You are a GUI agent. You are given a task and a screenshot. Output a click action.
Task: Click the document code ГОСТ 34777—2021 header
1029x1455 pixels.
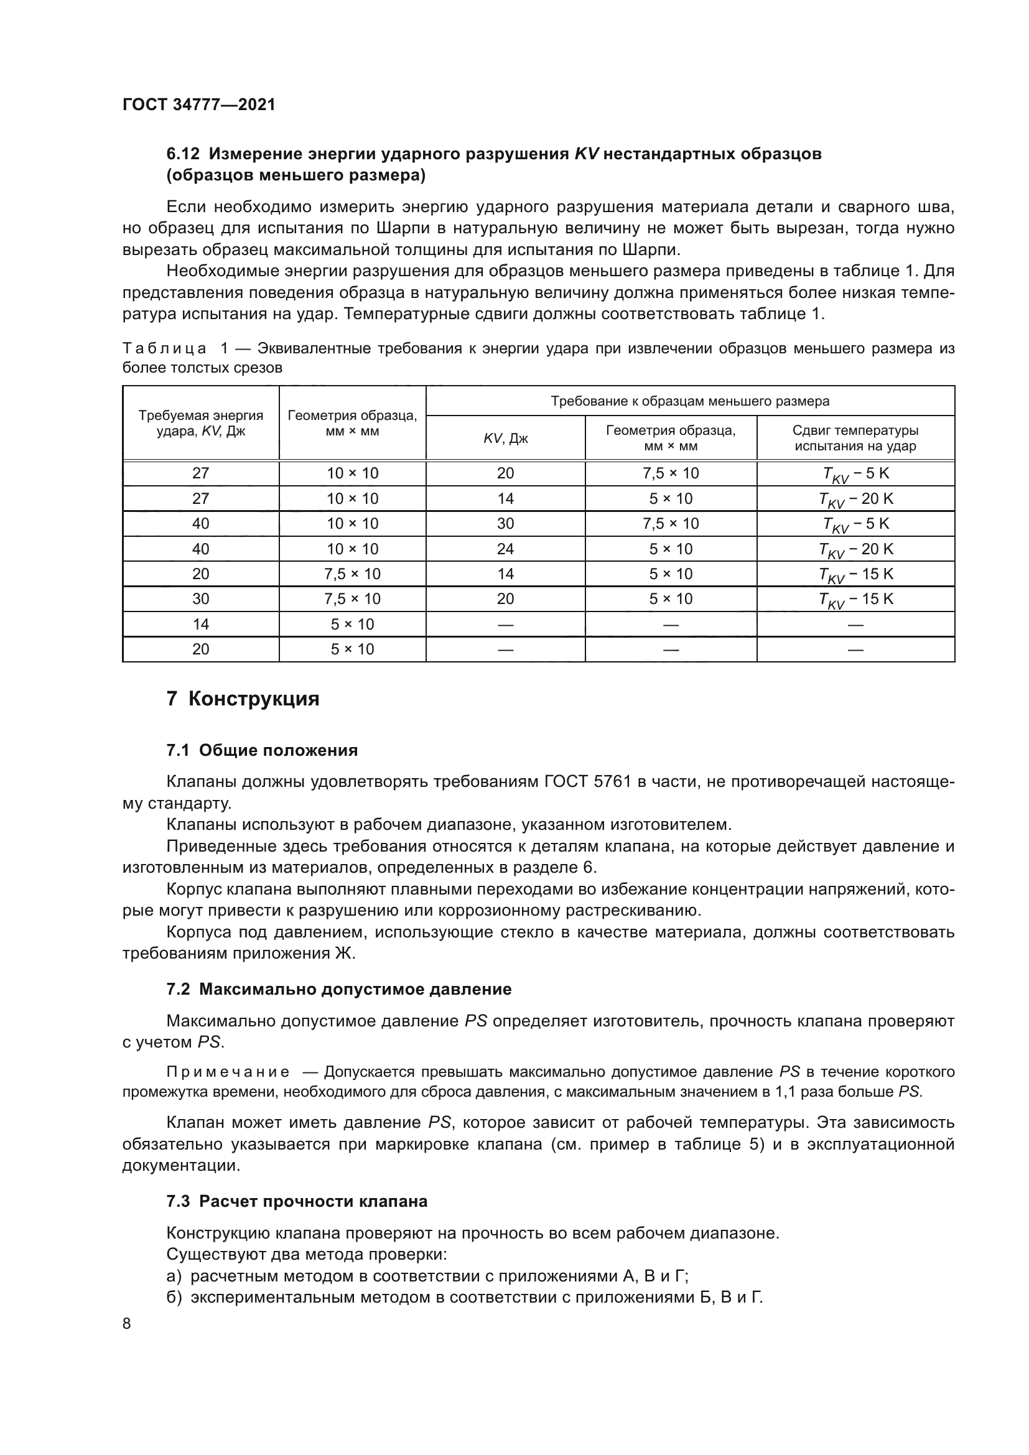[x=199, y=105]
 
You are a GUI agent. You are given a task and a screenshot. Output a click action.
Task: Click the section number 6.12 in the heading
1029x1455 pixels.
[x=182, y=154]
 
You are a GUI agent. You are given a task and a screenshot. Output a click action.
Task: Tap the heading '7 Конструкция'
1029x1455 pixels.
[x=243, y=699]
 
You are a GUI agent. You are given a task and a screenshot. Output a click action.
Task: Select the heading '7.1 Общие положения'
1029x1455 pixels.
[x=262, y=750]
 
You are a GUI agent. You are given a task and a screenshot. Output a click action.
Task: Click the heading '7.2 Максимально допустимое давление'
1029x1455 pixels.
[x=338, y=989]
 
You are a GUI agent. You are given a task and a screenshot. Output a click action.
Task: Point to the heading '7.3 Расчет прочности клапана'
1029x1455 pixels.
[x=297, y=1202]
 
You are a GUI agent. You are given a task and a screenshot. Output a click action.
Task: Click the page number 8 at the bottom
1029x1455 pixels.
[x=127, y=1323]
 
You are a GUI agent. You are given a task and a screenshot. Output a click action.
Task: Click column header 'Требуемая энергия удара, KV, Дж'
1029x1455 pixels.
[x=201, y=424]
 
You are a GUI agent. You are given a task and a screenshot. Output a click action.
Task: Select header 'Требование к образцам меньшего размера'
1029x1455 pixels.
[x=689, y=401]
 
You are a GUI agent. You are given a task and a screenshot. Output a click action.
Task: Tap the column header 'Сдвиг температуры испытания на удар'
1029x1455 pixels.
[x=855, y=438]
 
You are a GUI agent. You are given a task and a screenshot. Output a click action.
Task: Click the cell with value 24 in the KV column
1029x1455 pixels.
[x=505, y=549]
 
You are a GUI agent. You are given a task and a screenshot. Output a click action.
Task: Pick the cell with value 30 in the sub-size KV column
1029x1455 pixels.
[x=505, y=523]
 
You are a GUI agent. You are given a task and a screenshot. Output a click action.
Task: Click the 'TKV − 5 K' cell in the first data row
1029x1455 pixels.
[x=855, y=474]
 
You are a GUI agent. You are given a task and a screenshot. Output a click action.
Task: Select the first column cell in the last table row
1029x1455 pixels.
[x=201, y=649]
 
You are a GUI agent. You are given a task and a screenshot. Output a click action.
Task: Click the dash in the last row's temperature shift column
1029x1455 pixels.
[x=855, y=649]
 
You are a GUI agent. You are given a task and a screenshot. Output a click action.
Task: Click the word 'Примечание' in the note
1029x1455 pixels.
[x=228, y=1072]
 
